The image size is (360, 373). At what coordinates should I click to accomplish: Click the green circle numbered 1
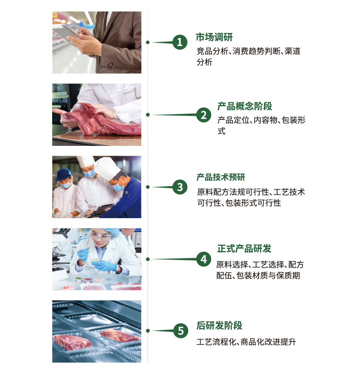[x=180, y=42]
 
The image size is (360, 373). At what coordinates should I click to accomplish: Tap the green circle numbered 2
[x=204, y=115]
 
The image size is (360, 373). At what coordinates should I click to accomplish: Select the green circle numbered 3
[x=180, y=187]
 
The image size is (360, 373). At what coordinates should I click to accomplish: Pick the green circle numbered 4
[x=204, y=259]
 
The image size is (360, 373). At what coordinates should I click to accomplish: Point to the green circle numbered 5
[x=181, y=331]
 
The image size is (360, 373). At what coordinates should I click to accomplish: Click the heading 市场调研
[x=214, y=37]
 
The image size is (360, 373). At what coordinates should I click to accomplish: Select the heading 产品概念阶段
[x=245, y=106]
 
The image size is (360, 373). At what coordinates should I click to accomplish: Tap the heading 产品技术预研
[x=221, y=177]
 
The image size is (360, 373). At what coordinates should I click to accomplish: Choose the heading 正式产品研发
[x=244, y=248]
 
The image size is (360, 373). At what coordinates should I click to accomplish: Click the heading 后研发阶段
[x=219, y=326]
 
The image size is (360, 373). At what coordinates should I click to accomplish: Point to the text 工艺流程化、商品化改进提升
[x=246, y=342]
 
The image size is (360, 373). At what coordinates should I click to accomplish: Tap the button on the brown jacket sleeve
[x=110, y=65]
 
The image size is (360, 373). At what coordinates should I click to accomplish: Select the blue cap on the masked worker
[x=63, y=175]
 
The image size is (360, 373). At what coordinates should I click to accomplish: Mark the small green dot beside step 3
[x=148, y=187]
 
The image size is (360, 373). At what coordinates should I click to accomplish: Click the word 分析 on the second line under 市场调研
[x=204, y=62]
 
